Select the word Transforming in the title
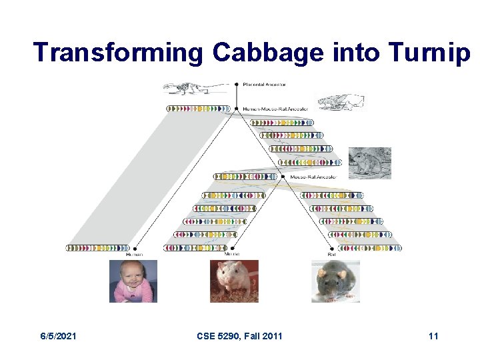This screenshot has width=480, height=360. pyautogui.click(x=117, y=53)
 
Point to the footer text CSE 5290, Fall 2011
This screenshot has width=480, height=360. pyautogui.click(x=240, y=336)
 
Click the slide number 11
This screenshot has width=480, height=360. pyautogui.click(x=433, y=336)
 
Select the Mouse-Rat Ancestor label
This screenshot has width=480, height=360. pyautogui.click(x=313, y=177)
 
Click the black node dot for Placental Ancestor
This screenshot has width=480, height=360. pyautogui.click(x=236, y=85)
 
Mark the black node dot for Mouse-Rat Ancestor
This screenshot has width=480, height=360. pyautogui.click(x=285, y=177)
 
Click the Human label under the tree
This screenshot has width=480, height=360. pyautogui.click(x=134, y=254)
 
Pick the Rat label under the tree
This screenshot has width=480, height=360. pyautogui.click(x=331, y=254)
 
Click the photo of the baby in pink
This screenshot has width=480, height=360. pyautogui.click(x=133, y=281)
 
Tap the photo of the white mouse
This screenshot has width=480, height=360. pyautogui.click(x=234, y=281)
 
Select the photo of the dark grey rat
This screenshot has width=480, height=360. pyautogui.click(x=335, y=281)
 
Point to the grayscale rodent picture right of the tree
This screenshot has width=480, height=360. pyautogui.click(x=369, y=163)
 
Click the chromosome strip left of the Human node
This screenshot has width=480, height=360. pyautogui.click(x=99, y=248)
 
